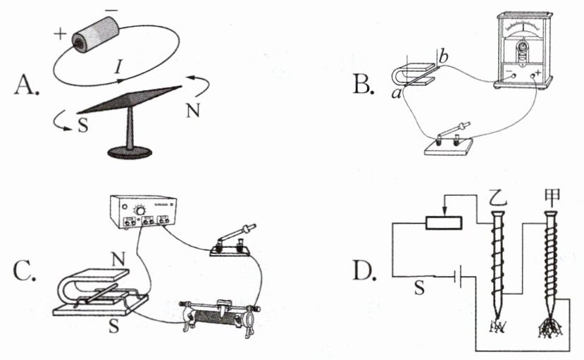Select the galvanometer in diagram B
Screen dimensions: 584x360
(x=523, y=49)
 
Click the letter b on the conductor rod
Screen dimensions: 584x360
(x=442, y=56)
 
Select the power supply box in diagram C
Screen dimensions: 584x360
(x=147, y=212)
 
